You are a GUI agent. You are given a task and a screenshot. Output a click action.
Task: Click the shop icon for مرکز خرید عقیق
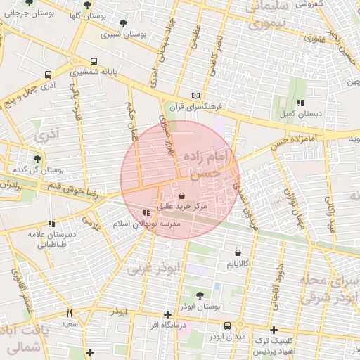coord(183,195)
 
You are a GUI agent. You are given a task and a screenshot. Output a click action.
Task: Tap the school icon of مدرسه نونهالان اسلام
coord(146,212)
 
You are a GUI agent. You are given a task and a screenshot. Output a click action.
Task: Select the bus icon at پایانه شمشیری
coord(94,62)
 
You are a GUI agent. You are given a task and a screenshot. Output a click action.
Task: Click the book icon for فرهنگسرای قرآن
coord(196,96)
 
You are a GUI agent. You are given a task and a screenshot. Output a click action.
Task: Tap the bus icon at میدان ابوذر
coord(227,326)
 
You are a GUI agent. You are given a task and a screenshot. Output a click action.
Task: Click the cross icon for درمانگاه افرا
coord(167,315)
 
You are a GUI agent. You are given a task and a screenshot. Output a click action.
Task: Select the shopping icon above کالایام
coord(238,252)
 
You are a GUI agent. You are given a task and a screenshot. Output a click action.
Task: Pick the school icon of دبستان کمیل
coord(300,103)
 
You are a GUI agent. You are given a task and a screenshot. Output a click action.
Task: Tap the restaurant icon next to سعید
coord(69,313)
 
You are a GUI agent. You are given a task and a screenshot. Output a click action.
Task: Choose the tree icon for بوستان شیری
coord(124,23)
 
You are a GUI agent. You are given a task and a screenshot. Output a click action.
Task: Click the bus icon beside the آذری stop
coord(48,75)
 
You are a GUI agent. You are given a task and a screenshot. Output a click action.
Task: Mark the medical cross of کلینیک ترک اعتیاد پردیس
coord(274,330)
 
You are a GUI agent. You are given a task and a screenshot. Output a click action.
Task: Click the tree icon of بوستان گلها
coord(87,5)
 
